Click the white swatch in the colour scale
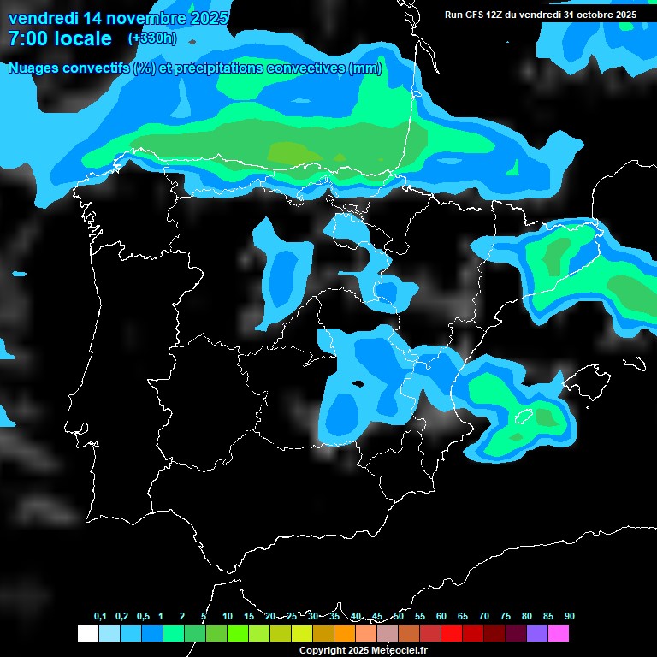87,633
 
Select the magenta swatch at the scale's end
559,633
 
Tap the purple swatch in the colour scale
537,633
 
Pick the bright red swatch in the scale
452,633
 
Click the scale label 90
569,616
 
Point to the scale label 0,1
100,616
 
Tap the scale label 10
228,616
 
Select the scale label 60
441,616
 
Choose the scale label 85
547,616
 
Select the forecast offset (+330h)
152,38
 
